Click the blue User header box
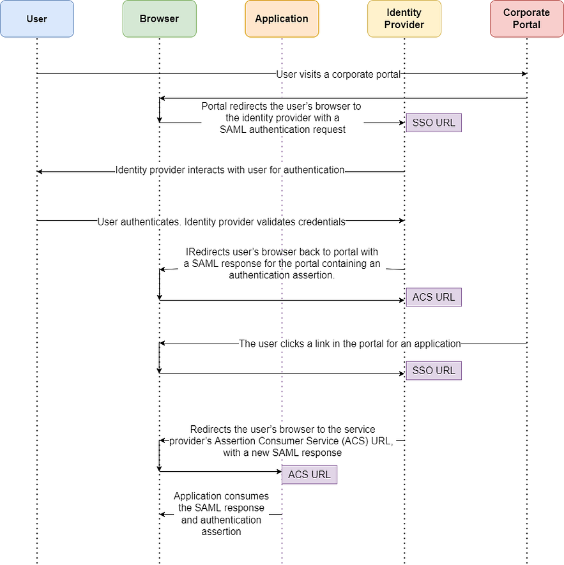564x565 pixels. pos(37,19)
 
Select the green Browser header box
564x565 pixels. pos(160,19)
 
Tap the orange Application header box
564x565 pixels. pos(282,19)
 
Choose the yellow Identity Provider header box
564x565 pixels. pos(404,19)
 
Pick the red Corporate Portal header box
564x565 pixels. pos(527,19)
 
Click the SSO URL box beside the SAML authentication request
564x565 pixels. pos(434,123)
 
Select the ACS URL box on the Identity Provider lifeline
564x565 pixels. pos(434,298)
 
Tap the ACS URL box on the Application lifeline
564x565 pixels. pos(309,474)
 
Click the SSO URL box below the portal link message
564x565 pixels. pos(434,370)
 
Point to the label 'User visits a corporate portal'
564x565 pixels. pos(339,74)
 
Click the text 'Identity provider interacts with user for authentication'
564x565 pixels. pos(230,170)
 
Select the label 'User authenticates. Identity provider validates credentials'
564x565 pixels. pos(222,222)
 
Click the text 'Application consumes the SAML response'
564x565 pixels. pos(222,502)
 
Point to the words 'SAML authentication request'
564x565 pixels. pos(283,130)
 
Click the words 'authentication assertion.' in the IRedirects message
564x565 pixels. pos(282,275)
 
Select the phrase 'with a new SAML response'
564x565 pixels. pos(282,453)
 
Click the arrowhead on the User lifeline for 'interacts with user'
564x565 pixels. pos(40,172)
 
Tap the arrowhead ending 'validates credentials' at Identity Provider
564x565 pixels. pos(402,220)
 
